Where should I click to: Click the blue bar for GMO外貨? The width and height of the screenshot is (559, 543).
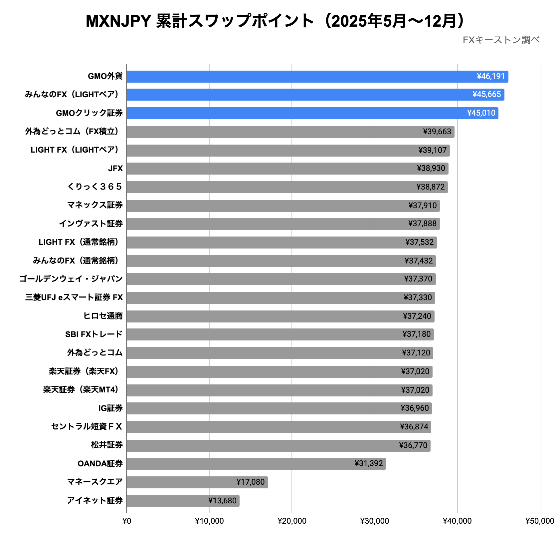pos(299,77)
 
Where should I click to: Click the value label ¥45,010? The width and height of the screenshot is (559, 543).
pos(481,113)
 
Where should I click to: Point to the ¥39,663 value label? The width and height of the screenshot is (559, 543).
pos(437,132)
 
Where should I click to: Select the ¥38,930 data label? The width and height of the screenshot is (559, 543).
pos(431,169)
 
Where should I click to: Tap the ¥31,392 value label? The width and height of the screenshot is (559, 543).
pos(369,464)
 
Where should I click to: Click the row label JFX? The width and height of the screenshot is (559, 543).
pos(115,169)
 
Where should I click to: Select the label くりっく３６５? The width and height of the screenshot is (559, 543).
pos(95,187)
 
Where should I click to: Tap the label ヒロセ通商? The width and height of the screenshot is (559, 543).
pos(103,316)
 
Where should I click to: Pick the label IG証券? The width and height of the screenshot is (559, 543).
pos(110,408)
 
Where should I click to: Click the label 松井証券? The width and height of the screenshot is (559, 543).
pos(107,445)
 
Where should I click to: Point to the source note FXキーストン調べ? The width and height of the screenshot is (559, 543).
pos(501,40)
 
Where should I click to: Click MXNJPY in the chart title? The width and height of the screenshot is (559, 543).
pos(118,21)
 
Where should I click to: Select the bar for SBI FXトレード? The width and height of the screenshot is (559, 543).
pos(279,334)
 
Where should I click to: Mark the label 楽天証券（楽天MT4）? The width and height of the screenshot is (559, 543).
pos(82,390)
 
